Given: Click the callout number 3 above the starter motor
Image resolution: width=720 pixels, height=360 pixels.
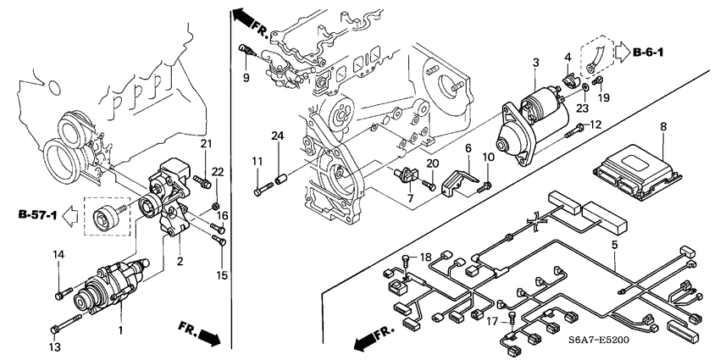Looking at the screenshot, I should click(x=535, y=63).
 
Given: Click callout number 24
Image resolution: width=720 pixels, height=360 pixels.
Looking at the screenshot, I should click(x=276, y=136).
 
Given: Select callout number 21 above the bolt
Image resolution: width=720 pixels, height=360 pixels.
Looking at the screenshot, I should click(x=205, y=143).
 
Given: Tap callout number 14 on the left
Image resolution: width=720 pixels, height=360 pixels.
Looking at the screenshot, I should click(x=59, y=254).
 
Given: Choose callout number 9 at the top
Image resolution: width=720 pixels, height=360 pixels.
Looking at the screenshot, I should click(x=245, y=79).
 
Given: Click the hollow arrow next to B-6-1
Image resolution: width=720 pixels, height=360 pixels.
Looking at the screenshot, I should click(x=619, y=53).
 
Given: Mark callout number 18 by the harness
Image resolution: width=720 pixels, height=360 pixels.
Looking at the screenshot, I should click(x=425, y=256).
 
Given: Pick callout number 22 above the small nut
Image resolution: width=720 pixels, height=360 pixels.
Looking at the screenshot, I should click(x=218, y=172).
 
